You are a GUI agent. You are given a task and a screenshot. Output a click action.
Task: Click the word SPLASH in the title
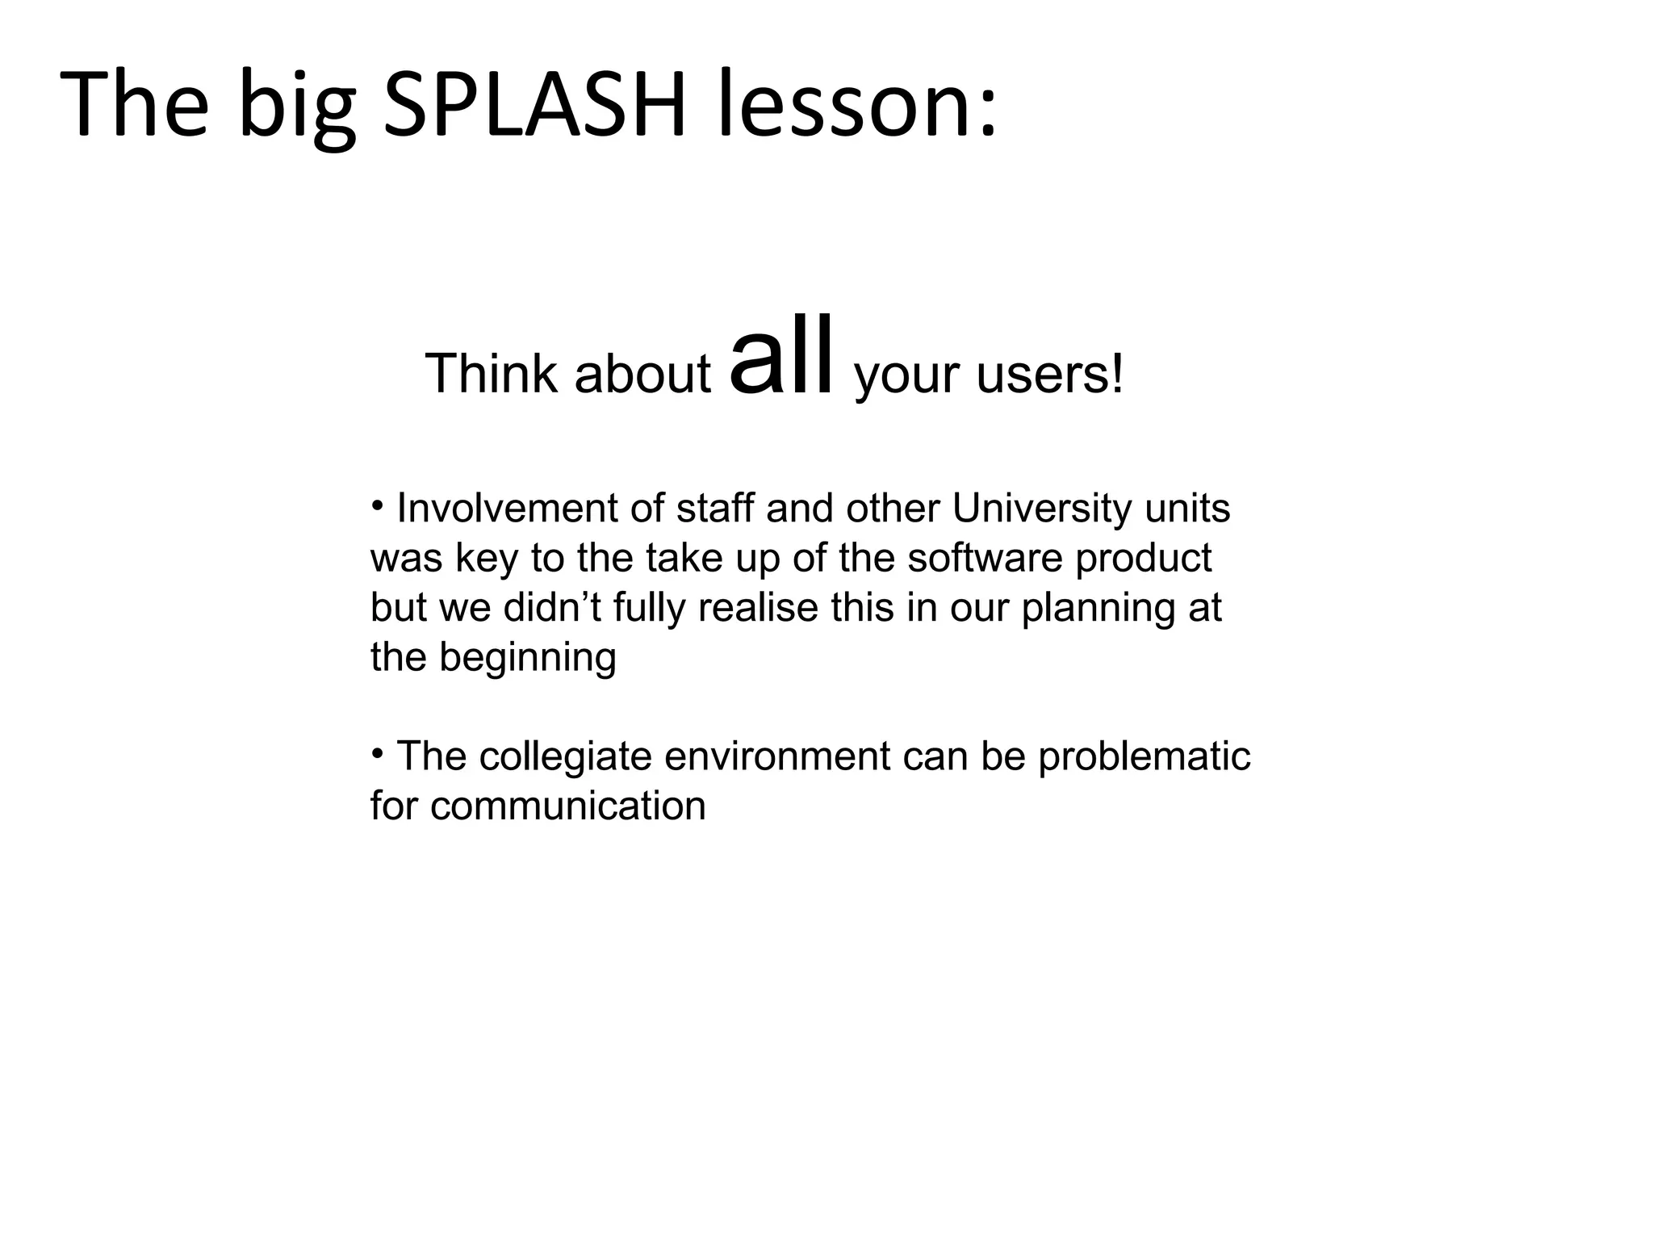coord(534,105)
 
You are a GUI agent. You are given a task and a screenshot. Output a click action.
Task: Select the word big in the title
coord(297,109)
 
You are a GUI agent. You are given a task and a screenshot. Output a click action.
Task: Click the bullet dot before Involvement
coord(376,505)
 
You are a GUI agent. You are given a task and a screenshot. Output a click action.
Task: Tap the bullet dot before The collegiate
coord(376,753)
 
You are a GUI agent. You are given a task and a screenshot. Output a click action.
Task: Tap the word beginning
coord(527,658)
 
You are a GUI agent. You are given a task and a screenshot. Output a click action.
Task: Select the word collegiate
coord(564,758)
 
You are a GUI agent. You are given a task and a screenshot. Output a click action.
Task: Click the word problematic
coord(1144,756)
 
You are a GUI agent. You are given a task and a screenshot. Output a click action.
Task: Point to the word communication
coord(567,806)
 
